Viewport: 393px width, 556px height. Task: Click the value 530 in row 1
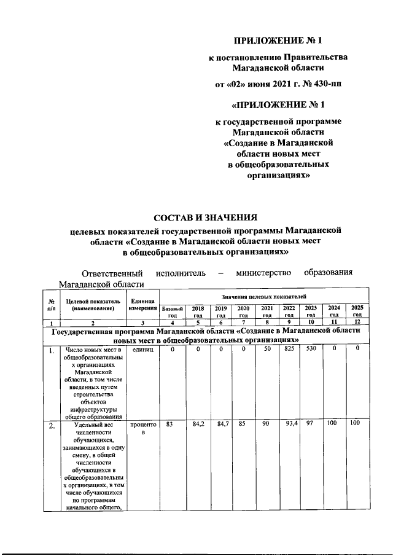click(x=311, y=349)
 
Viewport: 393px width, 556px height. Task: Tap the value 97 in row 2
click(x=311, y=424)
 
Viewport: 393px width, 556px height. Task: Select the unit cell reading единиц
click(x=142, y=350)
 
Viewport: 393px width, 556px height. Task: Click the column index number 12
click(x=357, y=322)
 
